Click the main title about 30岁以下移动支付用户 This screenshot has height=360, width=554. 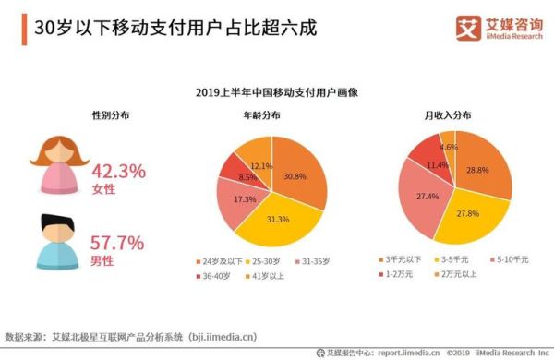[x=175, y=28]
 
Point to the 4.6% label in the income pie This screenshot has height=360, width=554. [x=448, y=147]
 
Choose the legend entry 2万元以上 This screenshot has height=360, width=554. [x=458, y=274]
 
